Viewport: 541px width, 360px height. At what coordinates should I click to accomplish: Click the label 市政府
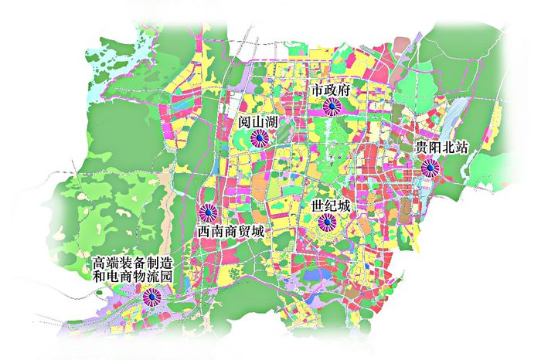coord(332,90)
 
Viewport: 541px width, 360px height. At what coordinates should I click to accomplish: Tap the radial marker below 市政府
coord(332,108)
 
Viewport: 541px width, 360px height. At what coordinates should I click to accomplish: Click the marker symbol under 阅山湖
coord(260,139)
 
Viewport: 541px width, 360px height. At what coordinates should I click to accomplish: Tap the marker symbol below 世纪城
coord(326,225)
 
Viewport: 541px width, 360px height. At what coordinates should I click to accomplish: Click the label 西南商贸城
coord(230,231)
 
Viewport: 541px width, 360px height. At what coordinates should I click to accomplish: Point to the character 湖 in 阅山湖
coord(274,121)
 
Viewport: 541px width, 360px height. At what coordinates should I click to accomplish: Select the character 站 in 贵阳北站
coord(463,147)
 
